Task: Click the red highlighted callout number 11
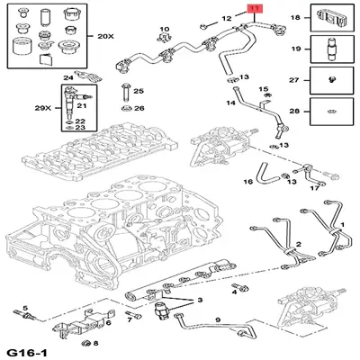point(255,10)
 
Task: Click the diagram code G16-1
point(27,349)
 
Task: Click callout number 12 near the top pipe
point(227,18)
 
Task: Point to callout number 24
point(67,78)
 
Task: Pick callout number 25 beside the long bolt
point(138,92)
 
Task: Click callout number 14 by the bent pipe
point(230,104)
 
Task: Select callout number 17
point(314,188)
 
